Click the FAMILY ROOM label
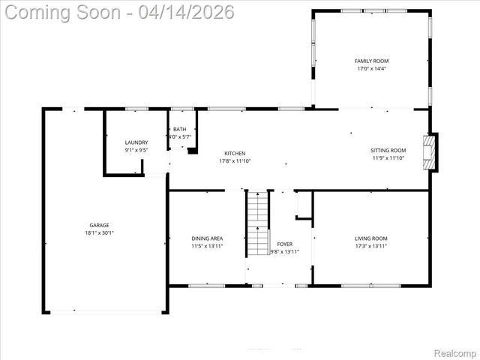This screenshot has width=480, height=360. (x=371, y=61)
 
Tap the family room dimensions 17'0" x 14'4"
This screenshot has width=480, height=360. (x=371, y=69)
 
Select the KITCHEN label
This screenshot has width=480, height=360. (x=235, y=153)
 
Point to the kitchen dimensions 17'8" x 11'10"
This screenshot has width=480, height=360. (x=235, y=161)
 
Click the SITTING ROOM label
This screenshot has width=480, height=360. (x=388, y=150)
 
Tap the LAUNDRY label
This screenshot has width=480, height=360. (x=136, y=142)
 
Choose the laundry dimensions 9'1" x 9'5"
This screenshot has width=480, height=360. (x=136, y=150)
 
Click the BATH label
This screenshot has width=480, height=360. (x=180, y=129)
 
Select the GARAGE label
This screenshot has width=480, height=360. (x=100, y=225)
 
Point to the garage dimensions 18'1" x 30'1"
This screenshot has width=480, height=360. (x=100, y=233)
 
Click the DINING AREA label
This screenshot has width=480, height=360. (x=207, y=238)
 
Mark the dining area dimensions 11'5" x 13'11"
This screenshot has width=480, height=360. (x=207, y=246)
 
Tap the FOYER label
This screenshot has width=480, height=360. (x=285, y=244)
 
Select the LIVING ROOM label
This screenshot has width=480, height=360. (x=371, y=238)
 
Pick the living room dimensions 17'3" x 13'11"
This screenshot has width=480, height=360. (x=371, y=246)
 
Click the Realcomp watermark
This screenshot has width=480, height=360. (x=457, y=352)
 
